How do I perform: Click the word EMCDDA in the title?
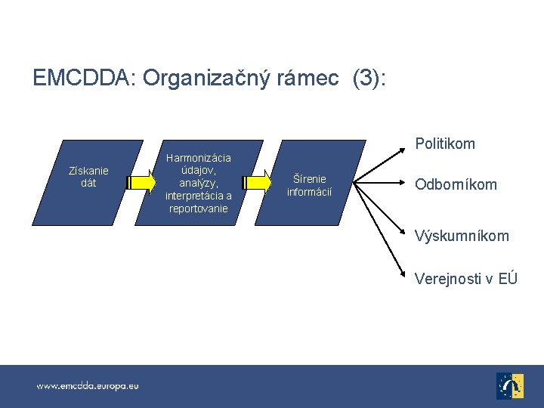(81, 78)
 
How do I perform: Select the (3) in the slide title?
(369, 78)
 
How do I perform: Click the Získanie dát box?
(88, 181)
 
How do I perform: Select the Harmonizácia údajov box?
(198, 182)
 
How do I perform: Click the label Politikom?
(445, 144)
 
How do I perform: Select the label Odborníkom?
(456, 184)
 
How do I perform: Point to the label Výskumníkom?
(462, 236)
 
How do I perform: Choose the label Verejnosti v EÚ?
(466, 279)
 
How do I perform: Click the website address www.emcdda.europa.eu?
(88, 385)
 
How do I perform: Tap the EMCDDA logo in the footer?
(509, 385)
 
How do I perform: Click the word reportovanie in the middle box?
(198, 209)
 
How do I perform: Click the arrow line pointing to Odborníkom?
(382, 182)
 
